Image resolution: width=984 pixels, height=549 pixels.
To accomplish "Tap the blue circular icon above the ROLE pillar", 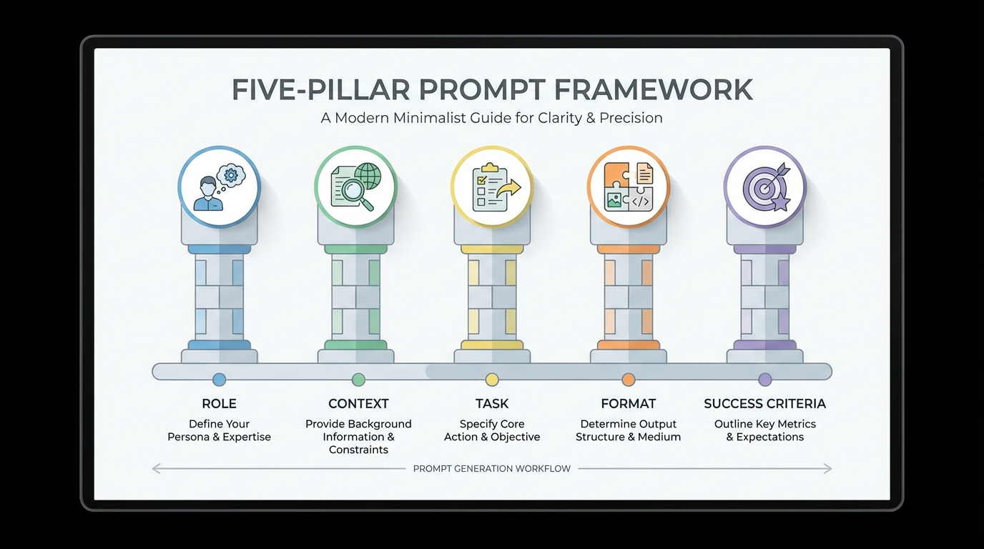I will [x=220, y=187].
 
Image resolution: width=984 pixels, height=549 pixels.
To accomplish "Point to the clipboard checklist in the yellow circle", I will [x=490, y=187].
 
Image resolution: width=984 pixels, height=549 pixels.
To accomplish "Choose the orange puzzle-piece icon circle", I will [x=629, y=187].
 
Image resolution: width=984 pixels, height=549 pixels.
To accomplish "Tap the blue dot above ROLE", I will [x=220, y=380].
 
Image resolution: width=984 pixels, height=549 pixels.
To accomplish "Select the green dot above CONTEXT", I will [x=358, y=380].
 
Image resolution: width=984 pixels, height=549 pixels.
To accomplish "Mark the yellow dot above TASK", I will [x=492, y=380].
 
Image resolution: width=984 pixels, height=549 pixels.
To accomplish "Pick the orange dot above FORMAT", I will [x=629, y=380].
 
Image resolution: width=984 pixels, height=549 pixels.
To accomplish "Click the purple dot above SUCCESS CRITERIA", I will [x=765, y=380].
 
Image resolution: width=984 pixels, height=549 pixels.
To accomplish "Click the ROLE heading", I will [x=220, y=404].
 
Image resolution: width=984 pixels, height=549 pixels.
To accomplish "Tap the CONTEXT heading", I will [x=358, y=404].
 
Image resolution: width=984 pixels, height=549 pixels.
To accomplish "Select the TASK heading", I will [x=492, y=404].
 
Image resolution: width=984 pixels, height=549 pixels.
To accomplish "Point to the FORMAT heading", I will [x=629, y=404].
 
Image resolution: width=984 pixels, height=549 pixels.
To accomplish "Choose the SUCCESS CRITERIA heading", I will [x=764, y=404].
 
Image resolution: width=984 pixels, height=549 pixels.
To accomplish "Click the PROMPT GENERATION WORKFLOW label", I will [x=492, y=469].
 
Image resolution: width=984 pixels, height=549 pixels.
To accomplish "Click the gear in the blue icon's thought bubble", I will [x=231, y=174].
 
